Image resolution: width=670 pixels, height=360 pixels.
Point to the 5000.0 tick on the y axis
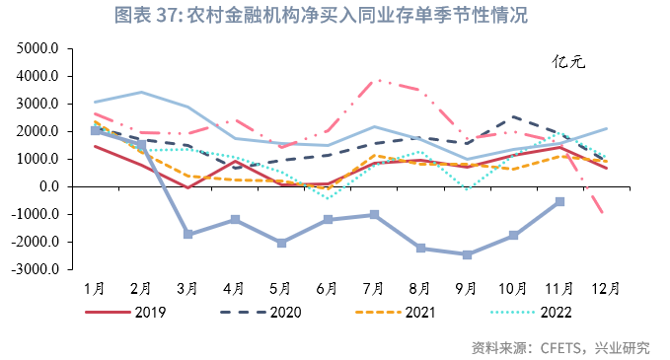[x=40, y=48]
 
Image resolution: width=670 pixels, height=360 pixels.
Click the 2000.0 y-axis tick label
[x=40, y=131]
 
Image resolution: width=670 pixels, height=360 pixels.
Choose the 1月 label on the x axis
[x=95, y=288]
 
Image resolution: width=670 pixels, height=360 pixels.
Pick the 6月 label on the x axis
[x=328, y=288]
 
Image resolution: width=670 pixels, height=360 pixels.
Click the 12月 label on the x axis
[x=606, y=288]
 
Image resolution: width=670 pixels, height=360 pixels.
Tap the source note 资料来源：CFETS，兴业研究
[x=560, y=346]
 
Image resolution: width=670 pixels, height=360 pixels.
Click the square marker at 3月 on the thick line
[x=187, y=234]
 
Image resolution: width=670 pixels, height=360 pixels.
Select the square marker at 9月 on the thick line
[x=467, y=254]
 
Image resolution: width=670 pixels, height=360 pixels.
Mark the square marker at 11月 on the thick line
[x=559, y=201]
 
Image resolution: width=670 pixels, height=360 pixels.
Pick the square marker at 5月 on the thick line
[x=281, y=243]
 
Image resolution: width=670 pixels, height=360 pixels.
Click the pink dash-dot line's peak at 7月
[x=375, y=81]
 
